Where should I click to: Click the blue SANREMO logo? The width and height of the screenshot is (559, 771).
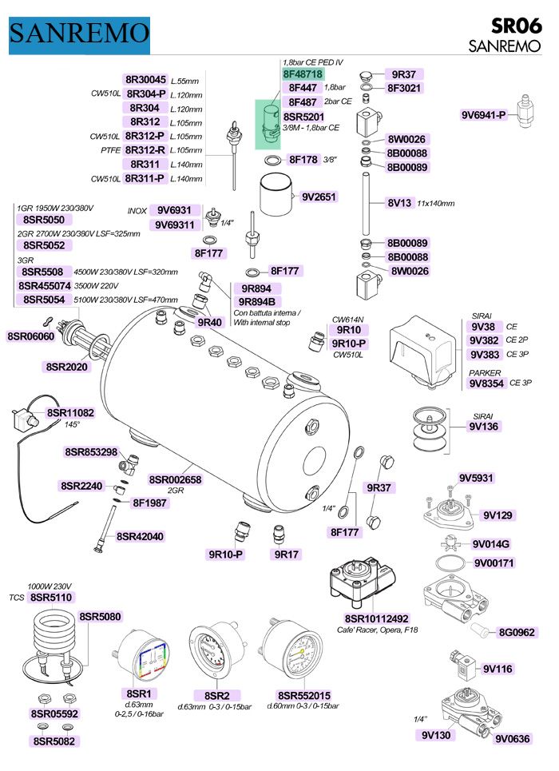[79, 33]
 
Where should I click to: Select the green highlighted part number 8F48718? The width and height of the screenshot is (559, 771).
[303, 74]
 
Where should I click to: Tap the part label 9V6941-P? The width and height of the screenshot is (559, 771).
[484, 115]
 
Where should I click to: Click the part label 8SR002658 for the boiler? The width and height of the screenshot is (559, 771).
[176, 479]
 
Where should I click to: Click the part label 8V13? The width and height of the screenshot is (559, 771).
[399, 203]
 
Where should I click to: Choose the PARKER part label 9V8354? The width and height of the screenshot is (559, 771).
[487, 384]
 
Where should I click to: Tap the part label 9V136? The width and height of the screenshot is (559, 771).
[485, 427]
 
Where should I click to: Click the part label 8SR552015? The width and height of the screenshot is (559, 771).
[303, 695]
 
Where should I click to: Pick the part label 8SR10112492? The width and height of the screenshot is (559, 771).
[376, 618]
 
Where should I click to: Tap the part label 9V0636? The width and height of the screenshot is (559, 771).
[512, 739]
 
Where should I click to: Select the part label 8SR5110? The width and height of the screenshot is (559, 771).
[50, 597]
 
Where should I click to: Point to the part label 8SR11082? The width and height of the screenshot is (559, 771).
[70, 413]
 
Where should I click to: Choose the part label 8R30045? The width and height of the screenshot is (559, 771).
[145, 80]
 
